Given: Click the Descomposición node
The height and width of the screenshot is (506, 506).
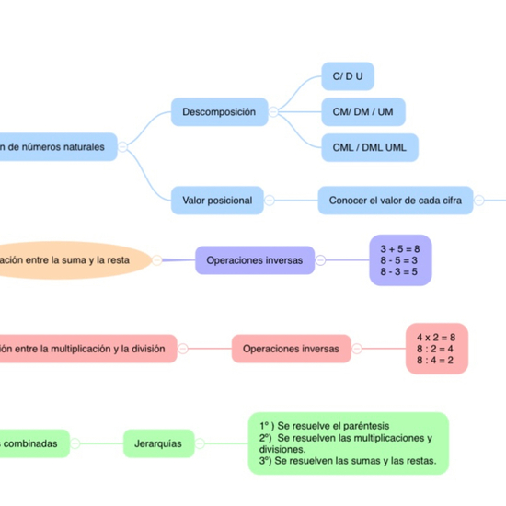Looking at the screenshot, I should [x=219, y=111].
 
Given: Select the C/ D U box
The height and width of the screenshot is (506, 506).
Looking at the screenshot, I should [x=347, y=76].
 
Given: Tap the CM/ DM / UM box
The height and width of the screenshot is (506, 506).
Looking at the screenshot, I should [x=362, y=112].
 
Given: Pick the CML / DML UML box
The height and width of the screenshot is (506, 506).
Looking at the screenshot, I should [x=369, y=146].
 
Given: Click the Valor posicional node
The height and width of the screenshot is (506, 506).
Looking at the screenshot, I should [x=217, y=200].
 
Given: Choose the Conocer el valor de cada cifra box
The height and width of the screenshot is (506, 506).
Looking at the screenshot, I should [x=396, y=200].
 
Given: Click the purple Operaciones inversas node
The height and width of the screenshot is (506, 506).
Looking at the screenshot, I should [x=255, y=260].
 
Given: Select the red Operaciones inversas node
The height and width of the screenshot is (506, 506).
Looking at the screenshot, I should [x=291, y=349].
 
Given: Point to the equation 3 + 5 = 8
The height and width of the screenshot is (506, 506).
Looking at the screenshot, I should [x=399, y=248].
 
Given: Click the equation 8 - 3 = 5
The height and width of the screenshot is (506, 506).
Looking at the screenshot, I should [x=399, y=271].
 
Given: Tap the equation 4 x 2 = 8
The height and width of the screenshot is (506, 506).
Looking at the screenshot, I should [x=436, y=337].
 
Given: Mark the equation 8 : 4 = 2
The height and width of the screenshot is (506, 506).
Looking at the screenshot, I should [x=436, y=360].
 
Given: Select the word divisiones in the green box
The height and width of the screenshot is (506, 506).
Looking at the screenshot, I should [x=286, y=450].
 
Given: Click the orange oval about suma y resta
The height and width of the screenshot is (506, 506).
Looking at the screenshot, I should [x=74, y=260].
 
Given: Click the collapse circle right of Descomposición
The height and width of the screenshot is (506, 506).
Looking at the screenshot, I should [x=273, y=111].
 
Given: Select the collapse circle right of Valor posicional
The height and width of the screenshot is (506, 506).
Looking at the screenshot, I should [x=270, y=200].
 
